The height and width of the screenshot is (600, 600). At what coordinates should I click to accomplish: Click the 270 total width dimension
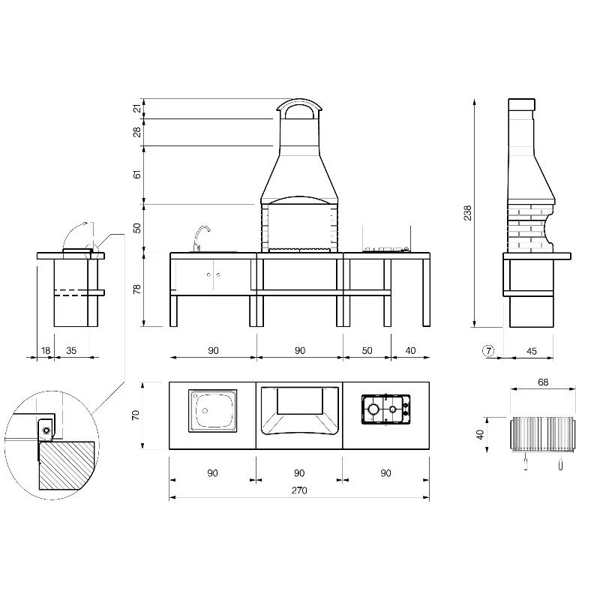coord(299,490)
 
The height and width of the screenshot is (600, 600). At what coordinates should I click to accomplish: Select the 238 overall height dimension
coord(467,213)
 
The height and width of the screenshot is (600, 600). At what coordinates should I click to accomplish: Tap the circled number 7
coord(489,350)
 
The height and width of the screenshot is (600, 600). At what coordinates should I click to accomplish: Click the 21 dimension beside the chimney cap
coord(137,109)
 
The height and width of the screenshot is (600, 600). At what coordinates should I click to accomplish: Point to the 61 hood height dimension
coord(137,175)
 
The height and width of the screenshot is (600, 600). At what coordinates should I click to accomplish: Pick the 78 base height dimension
coord(137,289)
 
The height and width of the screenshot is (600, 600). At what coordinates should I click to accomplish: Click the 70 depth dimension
coord(136,415)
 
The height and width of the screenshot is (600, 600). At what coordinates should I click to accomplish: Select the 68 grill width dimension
coord(543,382)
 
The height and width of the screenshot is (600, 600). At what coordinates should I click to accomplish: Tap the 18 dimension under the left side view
coord(46,350)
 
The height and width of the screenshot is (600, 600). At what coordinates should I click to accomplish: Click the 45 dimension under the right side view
coord(532,351)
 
